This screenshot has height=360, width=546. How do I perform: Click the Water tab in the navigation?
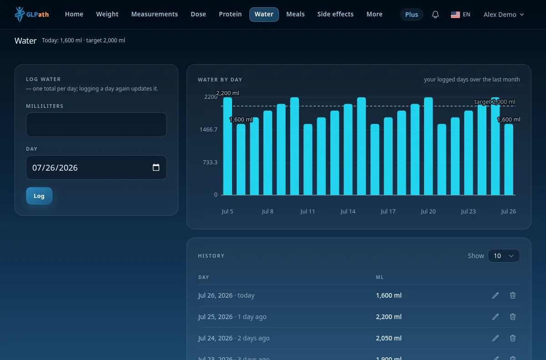coord(264,15)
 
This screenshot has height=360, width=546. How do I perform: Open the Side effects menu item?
coord(335,14)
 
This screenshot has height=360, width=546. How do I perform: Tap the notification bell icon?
coord(435,15)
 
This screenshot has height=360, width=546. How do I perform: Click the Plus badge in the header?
coord(411,15)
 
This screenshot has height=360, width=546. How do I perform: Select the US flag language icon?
coord(455,15)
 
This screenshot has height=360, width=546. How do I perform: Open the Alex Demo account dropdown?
coord(504,15)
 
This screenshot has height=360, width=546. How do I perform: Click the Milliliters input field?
coord(96,125)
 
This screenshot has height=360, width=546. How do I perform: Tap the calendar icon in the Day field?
coord(156,167)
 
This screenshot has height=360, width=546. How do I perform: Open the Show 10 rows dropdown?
coord(504,256)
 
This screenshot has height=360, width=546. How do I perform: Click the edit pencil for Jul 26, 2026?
coord(495,295)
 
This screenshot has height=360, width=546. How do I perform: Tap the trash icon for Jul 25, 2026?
coord(513,317)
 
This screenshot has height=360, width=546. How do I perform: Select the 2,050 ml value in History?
coord(389,338)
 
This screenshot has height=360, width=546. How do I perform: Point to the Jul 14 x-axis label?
coord(348,211)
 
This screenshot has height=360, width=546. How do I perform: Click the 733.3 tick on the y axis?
coord(210,162)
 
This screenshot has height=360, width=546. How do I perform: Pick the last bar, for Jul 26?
coord(509,159)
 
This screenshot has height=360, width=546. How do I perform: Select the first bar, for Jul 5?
coord(227,146)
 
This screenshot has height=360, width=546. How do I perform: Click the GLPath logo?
coord(32,15)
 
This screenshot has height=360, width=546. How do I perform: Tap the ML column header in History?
coord(379,277)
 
